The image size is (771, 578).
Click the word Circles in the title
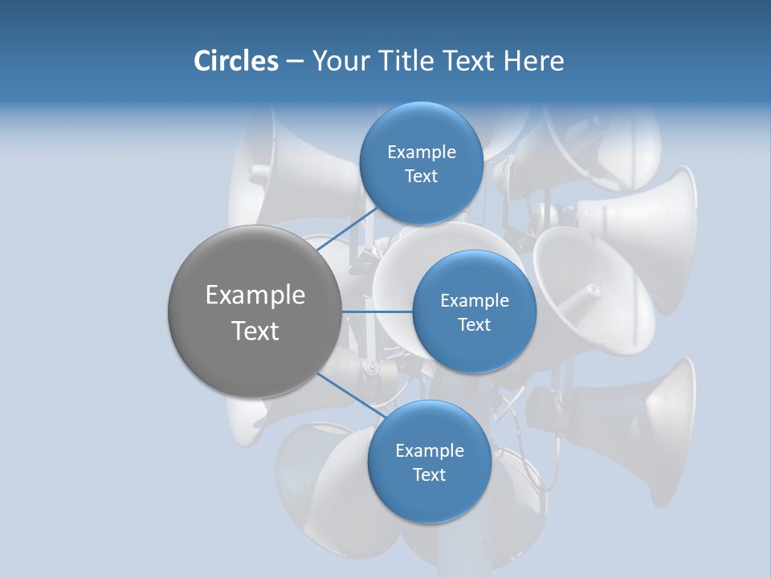coord(235,61)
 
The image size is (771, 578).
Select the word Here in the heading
coord(533,61)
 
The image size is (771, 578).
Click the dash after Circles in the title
coord(295,62)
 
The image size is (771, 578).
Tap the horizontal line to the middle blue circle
coord(377,311)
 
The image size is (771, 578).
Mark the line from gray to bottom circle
coord(350,397)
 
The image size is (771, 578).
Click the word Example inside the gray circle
coord(255,295)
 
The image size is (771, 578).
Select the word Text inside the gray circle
coord(255,331)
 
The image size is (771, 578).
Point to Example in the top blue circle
coord(421,153)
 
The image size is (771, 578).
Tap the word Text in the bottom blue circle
coord(429,474)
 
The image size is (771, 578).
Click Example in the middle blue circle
coord(474,301)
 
